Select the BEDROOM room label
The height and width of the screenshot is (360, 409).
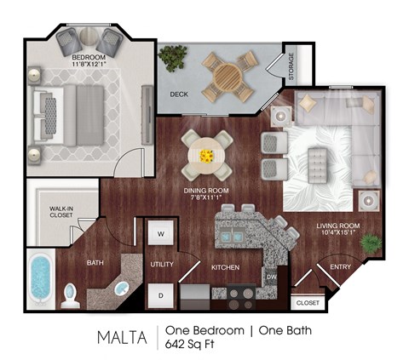point(89,60)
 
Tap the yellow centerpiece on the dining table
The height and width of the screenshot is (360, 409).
point(207,155)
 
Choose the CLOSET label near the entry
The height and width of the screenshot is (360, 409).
point(308,302)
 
